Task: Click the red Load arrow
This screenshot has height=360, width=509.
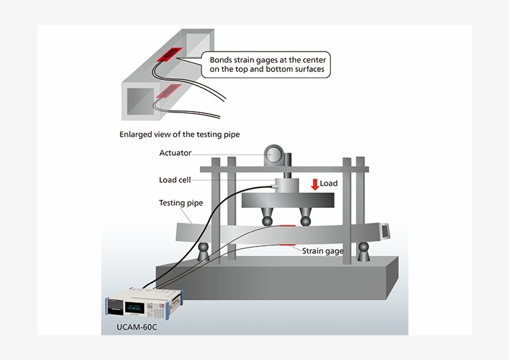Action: pyautogui.click(x=314, y=184)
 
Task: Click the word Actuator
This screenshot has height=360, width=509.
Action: pyautogui.click(x=176, y=153)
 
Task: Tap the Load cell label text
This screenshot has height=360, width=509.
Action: pyautogui.click(x=175, y=180)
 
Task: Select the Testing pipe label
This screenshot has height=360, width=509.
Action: pyautogui.click(x=181, y=203)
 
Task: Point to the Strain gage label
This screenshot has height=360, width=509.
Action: pyautogui.click(x=323, y=251)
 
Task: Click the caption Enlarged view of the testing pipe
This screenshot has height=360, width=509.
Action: pyautogui.click(x=179, y=134)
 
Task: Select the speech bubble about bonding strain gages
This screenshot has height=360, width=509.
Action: pyautogui.click(x=267, y=65)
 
